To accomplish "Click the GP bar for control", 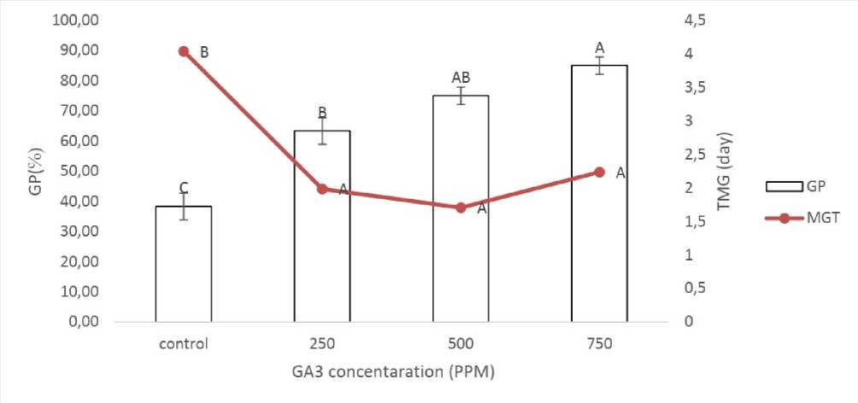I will click(184, 264).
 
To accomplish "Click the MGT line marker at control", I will click(184, 51).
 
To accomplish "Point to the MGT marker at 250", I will click(322, 189).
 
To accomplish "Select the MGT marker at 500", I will click(461, 207).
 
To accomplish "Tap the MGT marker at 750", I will click(599, 172).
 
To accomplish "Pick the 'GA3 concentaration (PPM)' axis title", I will click(391, 372).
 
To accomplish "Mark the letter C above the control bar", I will click(184, 188).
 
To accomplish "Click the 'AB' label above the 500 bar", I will click(461, 79).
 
